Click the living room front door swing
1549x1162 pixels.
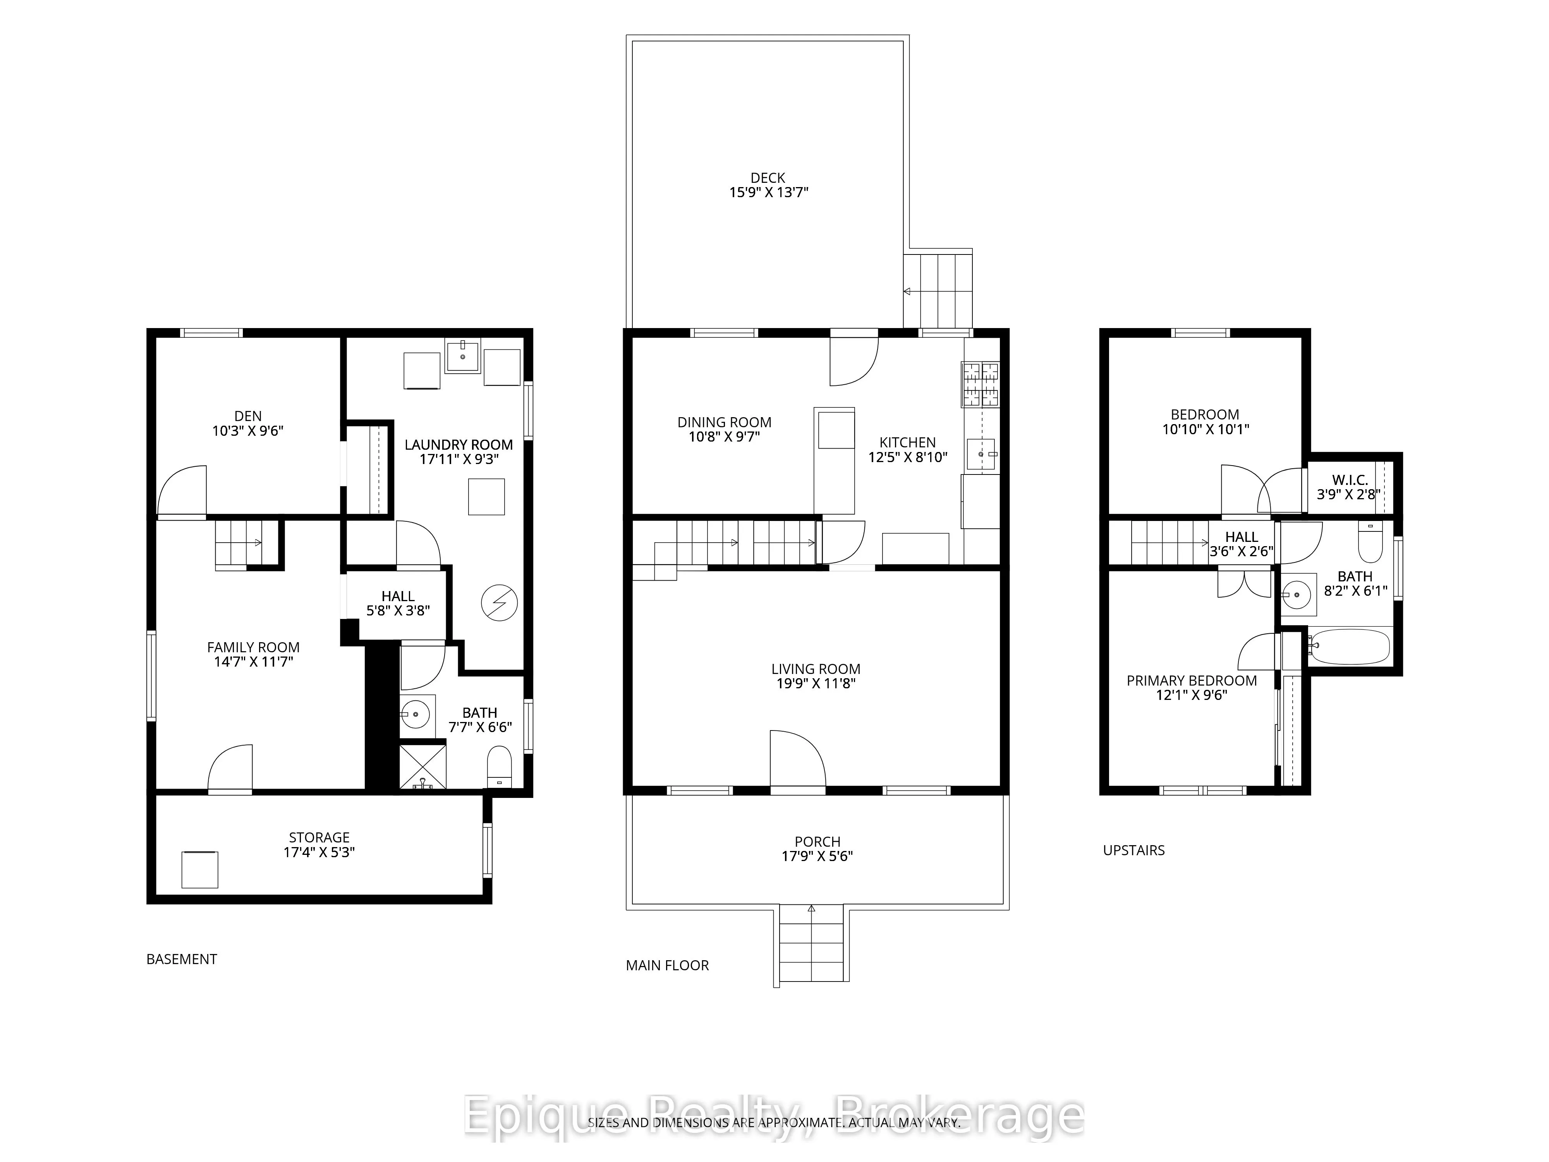(x=798, y=758)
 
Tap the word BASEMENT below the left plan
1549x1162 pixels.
(x=181, y=959)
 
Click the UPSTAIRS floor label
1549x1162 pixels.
(x=1134, y=850)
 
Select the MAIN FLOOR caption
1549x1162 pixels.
(x=667, y=965)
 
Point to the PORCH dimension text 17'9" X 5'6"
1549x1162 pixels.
(x=817, y=856)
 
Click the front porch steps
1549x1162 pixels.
(x=812, y=945)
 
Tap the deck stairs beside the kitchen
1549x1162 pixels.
(x=938, y=290)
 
